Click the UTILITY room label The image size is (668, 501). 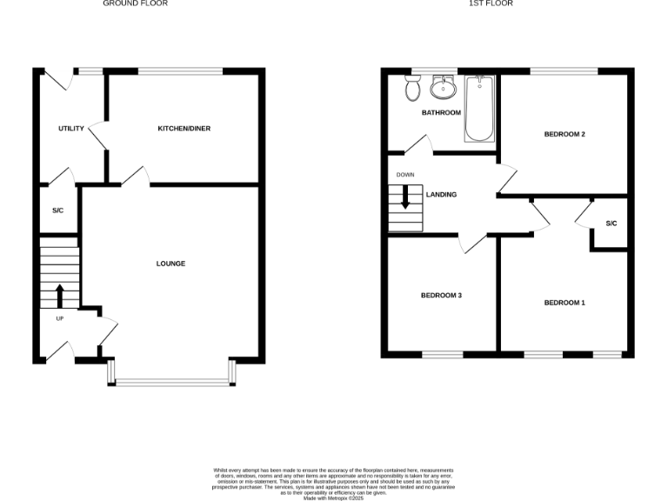tap(71, 129)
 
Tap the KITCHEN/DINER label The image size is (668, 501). tap(184, 129)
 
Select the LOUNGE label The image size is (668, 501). tap(170, 264)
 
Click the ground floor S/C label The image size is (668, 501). tap(58, 210)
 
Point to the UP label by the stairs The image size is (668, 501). tap(60, 318)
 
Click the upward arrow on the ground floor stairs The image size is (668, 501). tap(59, 295)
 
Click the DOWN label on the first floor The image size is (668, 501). tap(405, 175)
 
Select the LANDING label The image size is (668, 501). tap(441, 195)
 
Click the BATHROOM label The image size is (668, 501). tap(441, 112)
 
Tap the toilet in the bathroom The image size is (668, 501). tap(412, 86)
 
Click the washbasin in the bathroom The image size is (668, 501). tap(444, 87)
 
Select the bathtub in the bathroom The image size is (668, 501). tap(479, 109)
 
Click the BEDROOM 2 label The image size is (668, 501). tap(564, 134)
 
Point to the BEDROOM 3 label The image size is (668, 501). tap(441, 296)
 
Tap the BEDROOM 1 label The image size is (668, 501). tap(564, 303)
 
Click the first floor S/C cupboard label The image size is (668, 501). tap(611, 224)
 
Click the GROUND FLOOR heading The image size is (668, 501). tap(135, 4)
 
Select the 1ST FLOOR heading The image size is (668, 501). tap(491, 4)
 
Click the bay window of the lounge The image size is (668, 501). tap(170, 380)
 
